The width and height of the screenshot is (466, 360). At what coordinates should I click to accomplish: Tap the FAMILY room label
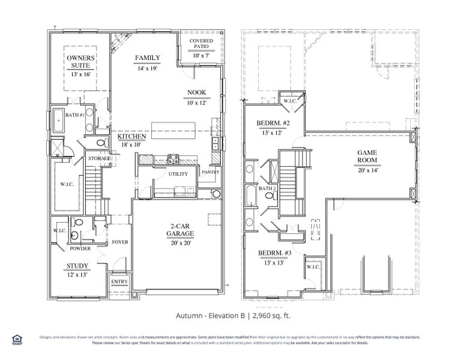(x=147, y=58)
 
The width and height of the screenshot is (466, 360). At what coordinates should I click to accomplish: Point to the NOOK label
(x=196, y=94)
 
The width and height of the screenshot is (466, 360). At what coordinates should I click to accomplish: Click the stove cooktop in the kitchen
(x=174, y=159)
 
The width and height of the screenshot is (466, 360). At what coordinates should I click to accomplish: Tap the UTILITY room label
(x=178, y=174)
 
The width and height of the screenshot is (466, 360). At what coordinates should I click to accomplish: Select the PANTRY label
(x=210, y=172)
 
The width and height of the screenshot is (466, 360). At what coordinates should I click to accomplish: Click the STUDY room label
(x=78, y=266)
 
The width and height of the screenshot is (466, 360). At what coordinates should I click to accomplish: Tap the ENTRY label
(x=120, y=281)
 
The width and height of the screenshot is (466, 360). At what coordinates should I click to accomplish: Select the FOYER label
(x=120, y=242)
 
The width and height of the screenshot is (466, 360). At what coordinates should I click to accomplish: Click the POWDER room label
(x=79, y=248)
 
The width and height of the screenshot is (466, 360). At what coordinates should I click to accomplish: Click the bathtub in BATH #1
(x=58, y=122)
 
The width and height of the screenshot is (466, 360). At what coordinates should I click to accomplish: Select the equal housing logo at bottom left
(x=16, y=339)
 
